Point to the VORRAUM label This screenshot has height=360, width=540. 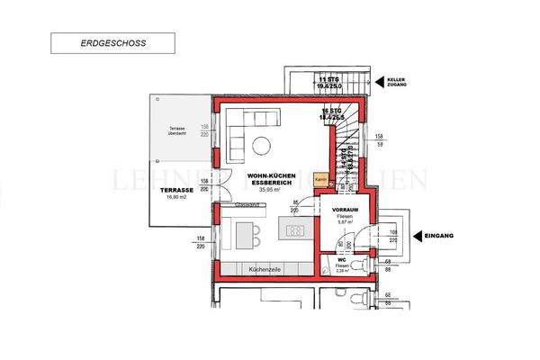[346, 209]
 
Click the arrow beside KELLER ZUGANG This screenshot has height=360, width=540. [381, 81]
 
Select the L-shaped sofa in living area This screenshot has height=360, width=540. [238, 130]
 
